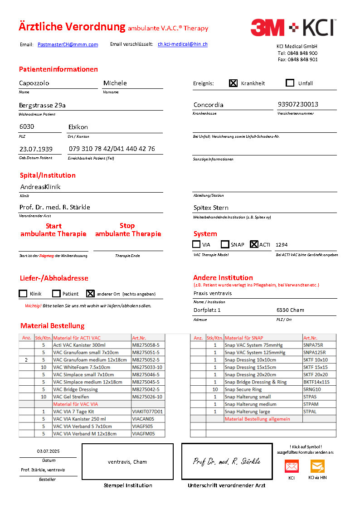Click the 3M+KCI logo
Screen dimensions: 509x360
click(x=292, y=28)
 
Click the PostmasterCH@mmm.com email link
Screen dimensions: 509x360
click(x=68, y=44)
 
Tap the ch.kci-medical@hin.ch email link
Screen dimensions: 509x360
click(x=183, y=44)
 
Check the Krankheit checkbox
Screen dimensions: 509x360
click(x=233, y=83)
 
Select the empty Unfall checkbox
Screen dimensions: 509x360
click(x=290, y=83)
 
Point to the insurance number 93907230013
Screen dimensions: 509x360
click(x=298, y=104)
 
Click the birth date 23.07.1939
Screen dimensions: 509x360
click(x=36, y=149)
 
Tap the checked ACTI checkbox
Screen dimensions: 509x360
click(x=254, y=244)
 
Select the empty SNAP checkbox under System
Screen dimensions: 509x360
click(x=225, y=244)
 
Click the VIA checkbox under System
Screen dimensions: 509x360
click(x=196, y=244)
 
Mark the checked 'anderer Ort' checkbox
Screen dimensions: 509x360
click(x=90, y=293)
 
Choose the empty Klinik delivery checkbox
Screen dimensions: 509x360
click(x=23, y=293)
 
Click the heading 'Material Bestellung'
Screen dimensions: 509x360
click(x=52, y=326)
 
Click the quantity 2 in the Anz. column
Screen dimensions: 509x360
click(x=26, y=360)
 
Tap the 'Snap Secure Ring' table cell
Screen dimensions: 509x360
click(x=243, y=389)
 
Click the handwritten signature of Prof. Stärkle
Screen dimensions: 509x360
click(x=227, y=461)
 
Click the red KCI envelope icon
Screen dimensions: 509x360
click(x=291, y=466)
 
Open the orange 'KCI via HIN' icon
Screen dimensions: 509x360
click(x=317, y=466)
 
